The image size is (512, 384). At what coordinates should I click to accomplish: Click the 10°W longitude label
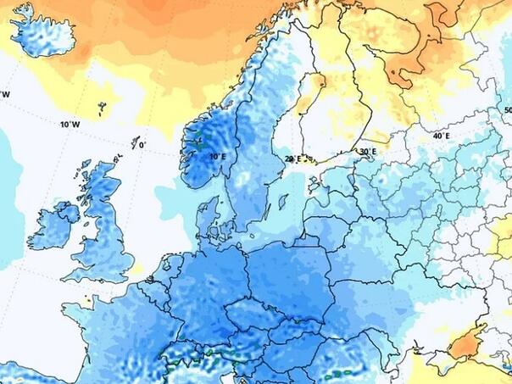pyautogui.click(x=70, y=125)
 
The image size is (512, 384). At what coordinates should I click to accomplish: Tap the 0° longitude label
pyautogui.click(x=142, y=145)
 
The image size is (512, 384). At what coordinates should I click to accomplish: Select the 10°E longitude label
pyautogui.click(x=217, y=157)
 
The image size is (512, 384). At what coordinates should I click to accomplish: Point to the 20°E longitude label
pyautogui.click(x=292, y=159)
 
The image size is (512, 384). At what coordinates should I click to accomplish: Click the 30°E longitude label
pyautogui.click(x=367, y=152)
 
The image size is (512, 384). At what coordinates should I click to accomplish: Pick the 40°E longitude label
pyautogui.click(x=441, y=136)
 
